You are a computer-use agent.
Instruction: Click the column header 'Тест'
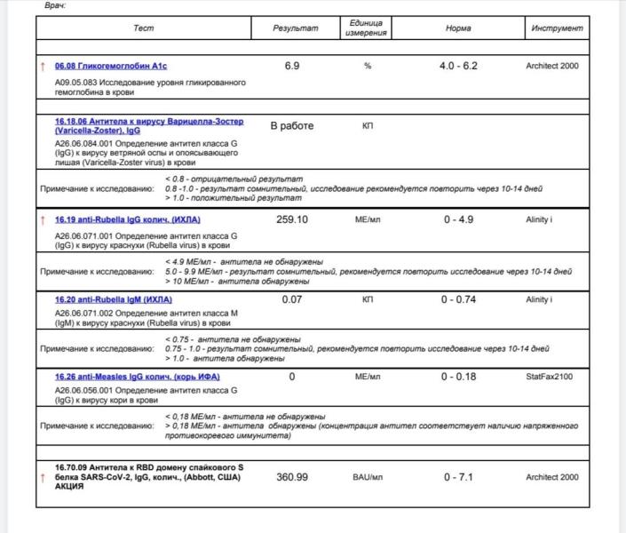pyautogui.click(x=143, y=28)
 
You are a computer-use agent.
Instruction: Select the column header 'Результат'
pyautogui.click(x=296, y=28)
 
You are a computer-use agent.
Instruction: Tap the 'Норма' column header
pyautogui.click(x=458, y=28)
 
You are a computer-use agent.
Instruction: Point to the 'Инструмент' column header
pyautogui.click(x=558, y=28)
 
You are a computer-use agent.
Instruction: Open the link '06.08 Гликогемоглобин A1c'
pyautogui.click(x=111, y=67)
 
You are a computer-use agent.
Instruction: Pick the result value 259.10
pyautogui.click(x=292, y=219)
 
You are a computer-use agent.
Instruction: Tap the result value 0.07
pyautogui.click(x=292, y=299)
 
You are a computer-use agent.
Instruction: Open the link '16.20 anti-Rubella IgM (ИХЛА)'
pyautogui.click(x=114, y=299)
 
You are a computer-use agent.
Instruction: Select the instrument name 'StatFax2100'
pyautogui.click(x=550, y=377)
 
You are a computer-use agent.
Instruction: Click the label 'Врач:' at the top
pyautogui.click(x=55, y=5)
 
